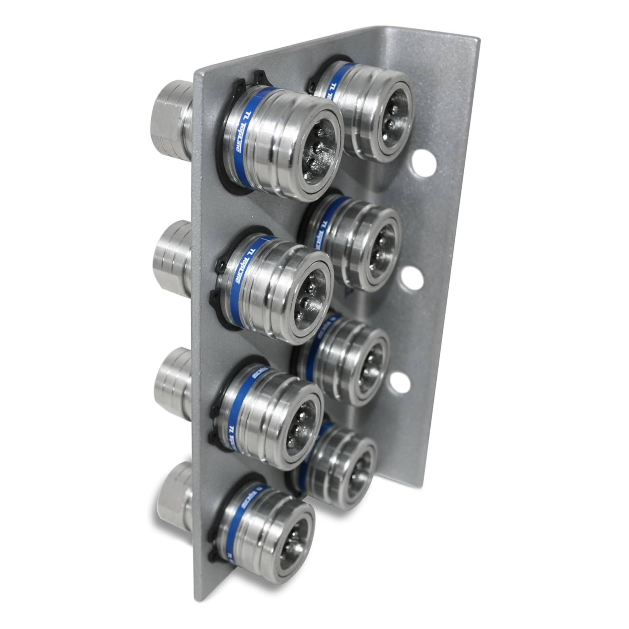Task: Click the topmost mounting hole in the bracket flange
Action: click(x=423, y=163)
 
